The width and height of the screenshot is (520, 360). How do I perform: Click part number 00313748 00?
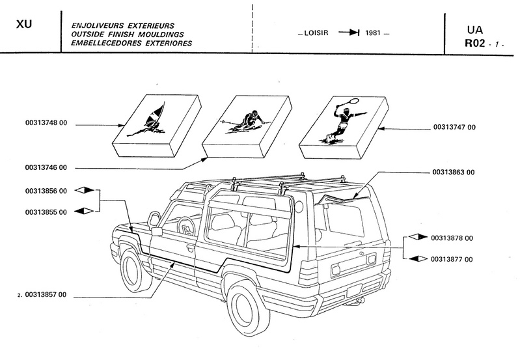pyautogui.click(x=45, y=124)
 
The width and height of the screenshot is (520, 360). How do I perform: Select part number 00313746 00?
pyautogui.click(x=45, y=167)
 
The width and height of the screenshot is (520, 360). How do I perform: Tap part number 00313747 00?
pyautogui.click(x=454, y=126)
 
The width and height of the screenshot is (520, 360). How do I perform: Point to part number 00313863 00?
pyautogui.click(x=454, y=173)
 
